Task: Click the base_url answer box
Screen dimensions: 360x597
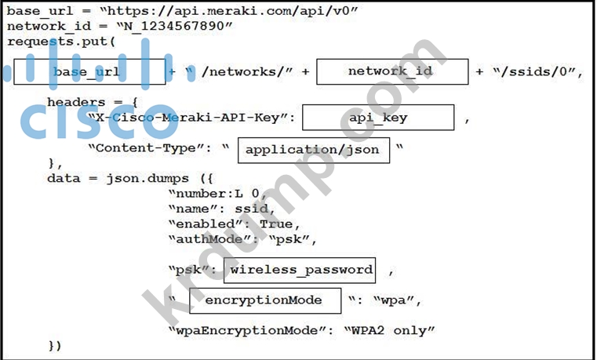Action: [x=90, y=71]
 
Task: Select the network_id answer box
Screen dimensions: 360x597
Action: [x=391, y=71]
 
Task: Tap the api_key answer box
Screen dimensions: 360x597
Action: [x=378, y=118]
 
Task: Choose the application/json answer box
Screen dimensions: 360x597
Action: [x=313, y=149]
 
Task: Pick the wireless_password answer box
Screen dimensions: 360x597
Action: [x=300, y=270]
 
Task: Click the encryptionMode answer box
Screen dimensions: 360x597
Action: [x=265, y=300]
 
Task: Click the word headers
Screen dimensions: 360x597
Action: [x=74, y=102]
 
